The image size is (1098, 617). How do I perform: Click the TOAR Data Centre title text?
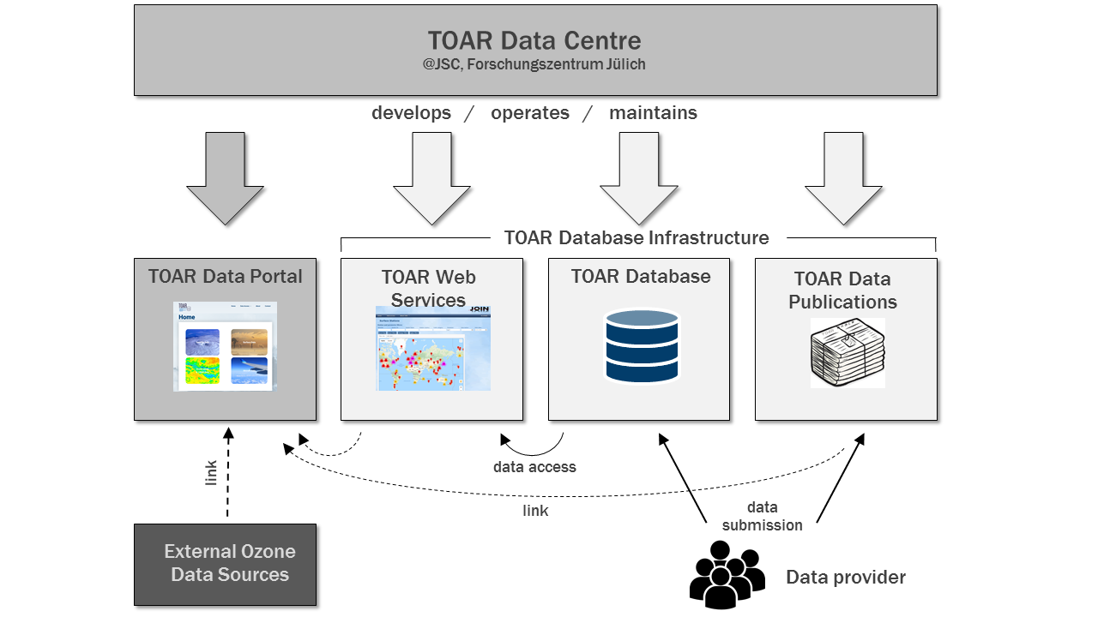click(x=534, y=40)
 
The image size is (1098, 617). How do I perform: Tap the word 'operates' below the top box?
click(x=529, y=113)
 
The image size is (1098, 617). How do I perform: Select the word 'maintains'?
click(x=653, y=113)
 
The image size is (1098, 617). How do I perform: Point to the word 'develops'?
click(x=411, y=113)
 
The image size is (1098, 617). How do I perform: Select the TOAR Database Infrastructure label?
click(x=636, y=238)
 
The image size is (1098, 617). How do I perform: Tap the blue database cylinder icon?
click(x=642, y=346)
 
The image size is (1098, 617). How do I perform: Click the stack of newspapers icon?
click(x=848, y=353)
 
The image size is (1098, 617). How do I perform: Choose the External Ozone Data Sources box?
click(x=226, y=564)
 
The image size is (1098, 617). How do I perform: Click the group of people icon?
click(x=725, y=573)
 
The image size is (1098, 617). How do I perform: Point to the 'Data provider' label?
click(x=846, y=578)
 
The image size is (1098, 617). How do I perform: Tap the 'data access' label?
click(x=534, y=467)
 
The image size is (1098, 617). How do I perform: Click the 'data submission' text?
click(x=762, y=517)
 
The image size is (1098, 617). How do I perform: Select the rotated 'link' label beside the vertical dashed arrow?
click(x=212, y=472)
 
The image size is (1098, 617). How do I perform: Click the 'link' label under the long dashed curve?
click(x=535, y=511)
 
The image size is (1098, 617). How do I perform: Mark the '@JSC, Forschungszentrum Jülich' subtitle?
click(x=534, y=65)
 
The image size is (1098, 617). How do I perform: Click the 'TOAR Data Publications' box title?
click(x=842, y=291)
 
